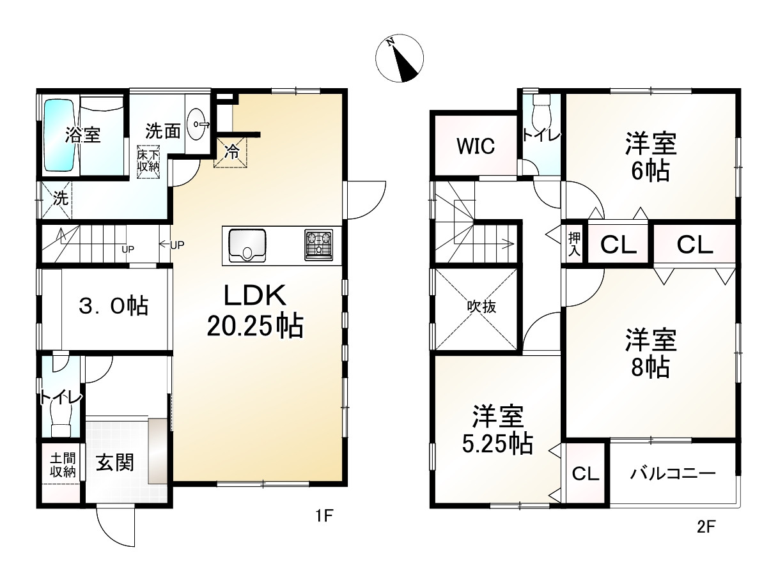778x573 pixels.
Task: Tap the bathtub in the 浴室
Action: (x=61, y=135)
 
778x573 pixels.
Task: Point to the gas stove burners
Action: (x=318, y=245)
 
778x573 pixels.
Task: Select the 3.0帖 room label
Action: (x=113, y=306)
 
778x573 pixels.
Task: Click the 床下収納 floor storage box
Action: (x=149, y=161)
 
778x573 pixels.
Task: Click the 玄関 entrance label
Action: (x=115, y=462)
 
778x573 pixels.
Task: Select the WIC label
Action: (x=475, y=146)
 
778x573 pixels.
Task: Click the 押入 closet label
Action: (x=573, y=243)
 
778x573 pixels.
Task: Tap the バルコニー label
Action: (x=672, y=475)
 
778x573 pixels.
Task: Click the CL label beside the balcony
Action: (x=585, y=474)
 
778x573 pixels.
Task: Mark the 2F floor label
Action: (x=706, y=528)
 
